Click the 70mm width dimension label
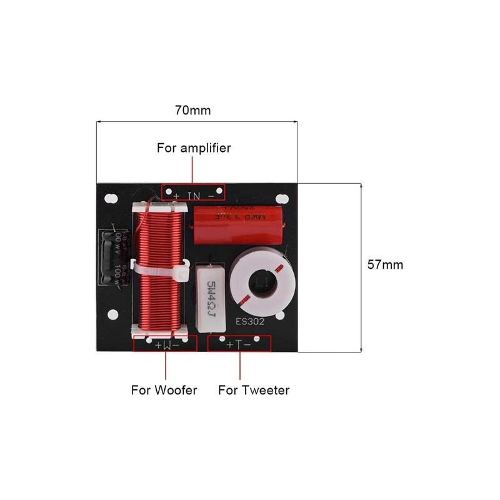[192, 111]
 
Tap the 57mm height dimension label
[385, 264]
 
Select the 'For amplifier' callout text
[194, 148]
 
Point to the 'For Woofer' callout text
[164, 390]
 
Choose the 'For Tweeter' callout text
[254, 390]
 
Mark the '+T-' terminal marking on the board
[239, 344]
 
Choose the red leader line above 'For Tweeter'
[239, 365]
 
